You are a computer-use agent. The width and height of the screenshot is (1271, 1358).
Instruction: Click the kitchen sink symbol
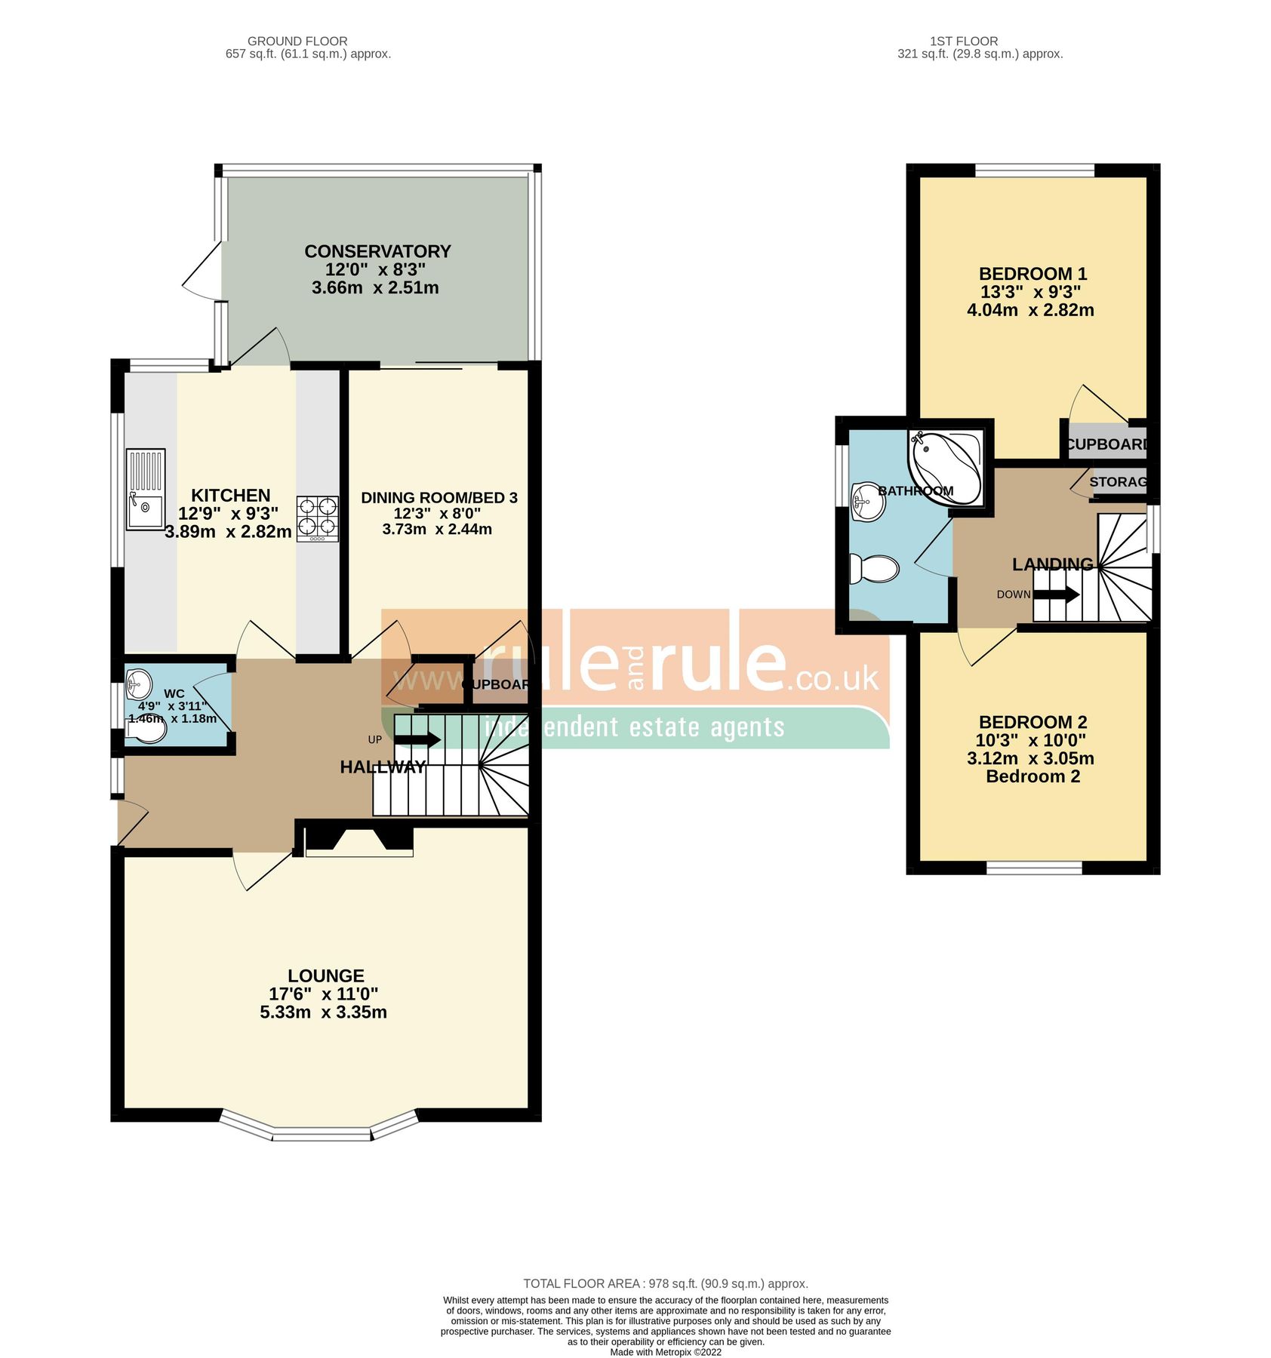coord(145,489)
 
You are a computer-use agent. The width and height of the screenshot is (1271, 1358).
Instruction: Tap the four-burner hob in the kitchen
coord(317,518)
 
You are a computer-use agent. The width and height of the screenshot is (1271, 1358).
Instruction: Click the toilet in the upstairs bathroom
coord(874,569)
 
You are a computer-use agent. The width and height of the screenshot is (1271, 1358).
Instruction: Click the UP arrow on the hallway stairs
coord(425,739)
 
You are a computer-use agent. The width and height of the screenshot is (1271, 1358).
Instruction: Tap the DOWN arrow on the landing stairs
coord(1057,595)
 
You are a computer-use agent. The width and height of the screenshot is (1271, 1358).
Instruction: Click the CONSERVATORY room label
coord(377,251)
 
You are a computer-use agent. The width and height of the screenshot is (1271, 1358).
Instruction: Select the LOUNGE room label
coord(325,975)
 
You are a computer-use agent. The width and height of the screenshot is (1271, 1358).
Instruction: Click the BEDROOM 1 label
coord(1032,274)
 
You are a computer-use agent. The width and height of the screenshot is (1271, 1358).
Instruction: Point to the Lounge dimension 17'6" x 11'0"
coord(323,994)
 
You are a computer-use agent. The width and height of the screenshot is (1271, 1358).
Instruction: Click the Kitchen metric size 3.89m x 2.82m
coord(228,532)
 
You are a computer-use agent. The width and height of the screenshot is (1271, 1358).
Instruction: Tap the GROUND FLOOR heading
coord(297,41)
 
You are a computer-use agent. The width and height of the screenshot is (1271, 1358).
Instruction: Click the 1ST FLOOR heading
coord(963,41)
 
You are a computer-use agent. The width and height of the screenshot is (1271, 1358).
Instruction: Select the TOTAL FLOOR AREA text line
coord(665,1283)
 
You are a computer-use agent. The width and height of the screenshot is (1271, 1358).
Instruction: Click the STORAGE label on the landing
coord(1118,481)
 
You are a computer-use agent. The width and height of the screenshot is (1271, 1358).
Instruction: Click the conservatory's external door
coord(202,272)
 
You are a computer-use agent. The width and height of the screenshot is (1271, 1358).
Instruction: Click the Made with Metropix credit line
coord(665,1352)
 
